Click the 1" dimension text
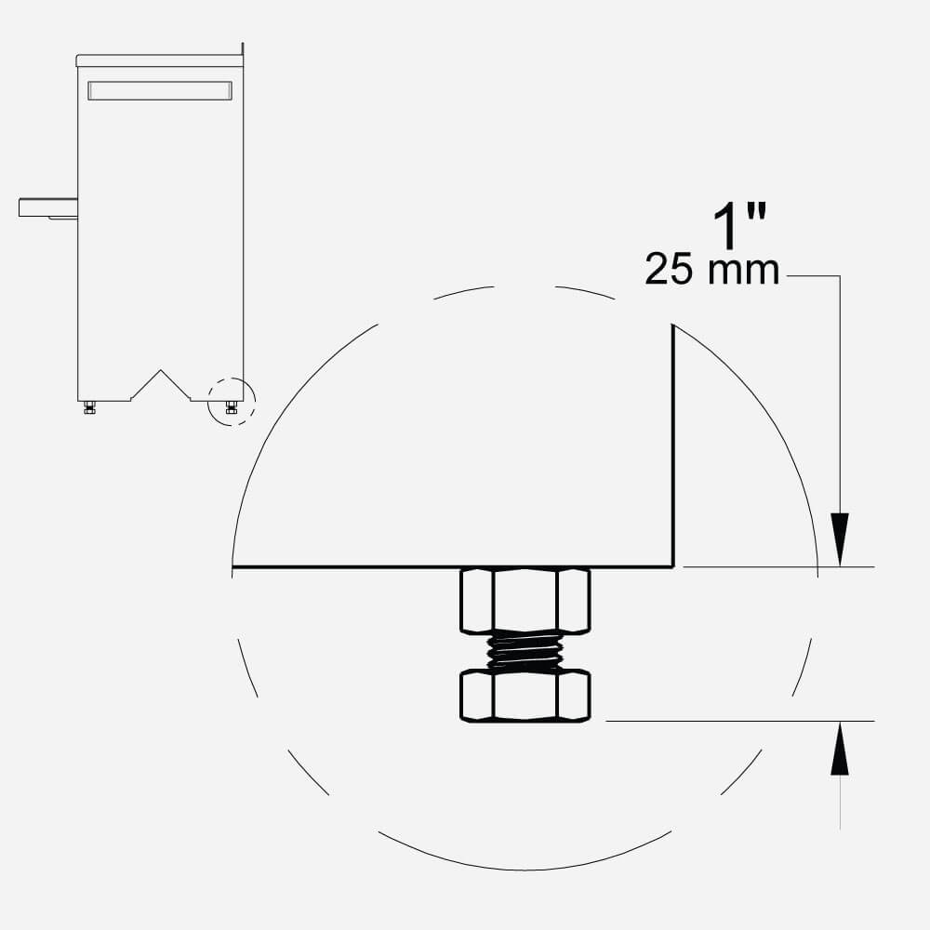(x=739, y=226)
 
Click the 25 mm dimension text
(x=711, y=270)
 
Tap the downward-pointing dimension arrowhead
(x=839, y=538)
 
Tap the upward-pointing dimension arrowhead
(x=839, y=749)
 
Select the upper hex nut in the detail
(x=525, y=600)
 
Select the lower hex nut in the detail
(x=525, y=696)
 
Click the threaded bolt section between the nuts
(x=525, y=651)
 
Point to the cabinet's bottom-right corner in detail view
(x=673, y=567)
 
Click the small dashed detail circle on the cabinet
(x=232, y=402)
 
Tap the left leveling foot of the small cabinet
(x=89, y=407)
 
